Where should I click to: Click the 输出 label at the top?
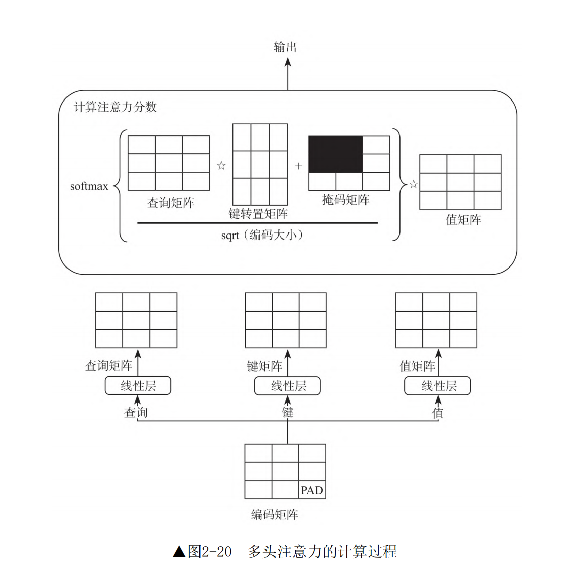pyautogui.click(x=285, y=47)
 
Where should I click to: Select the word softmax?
pyautogui.click(x=89, y=186)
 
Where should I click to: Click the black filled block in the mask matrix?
pyautogui.click(x=336, y=154)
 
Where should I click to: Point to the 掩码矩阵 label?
pyautogui.click(x=346, y=199)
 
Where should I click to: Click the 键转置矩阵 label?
pyautogui.click(x=258, y=214)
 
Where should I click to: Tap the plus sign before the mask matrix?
pyautogui.click(x=298, y=166)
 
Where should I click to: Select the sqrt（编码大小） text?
pyautogui.click(x=262, y=235)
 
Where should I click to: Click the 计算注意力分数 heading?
pyautogui.click(x=115, y=107)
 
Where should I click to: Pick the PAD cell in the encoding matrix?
pyautogui.click(x=312, y=490)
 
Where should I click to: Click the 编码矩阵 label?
pyautogui.click(x=275, y=514)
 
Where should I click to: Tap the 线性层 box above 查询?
pyautogui.click(x=138, y=386)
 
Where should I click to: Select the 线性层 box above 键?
pyautogui.click(x=287, y=386)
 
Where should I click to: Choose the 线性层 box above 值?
pyautogui.click(x=438, y=386)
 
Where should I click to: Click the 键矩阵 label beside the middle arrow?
pyautogui.click(x=264, y=365)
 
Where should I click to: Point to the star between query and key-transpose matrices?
pyautogui.click(x=221, y=165)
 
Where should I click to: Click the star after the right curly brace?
pyautogui.click(x=414, y=184)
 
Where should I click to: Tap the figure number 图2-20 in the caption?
pyautogui.click(x=210, y=551)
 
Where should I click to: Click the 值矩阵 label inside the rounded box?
pyautogui.click(x=463, y=220)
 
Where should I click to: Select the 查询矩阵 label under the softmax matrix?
pyautogui.click(x=171, y=203)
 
